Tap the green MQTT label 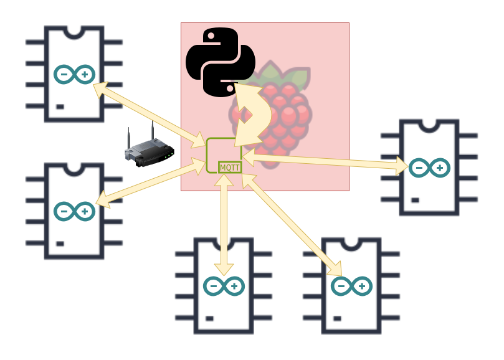pos(230,167)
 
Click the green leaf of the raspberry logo pos(298,77)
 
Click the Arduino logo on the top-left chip pos(74,75)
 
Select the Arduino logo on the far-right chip pos(429,168)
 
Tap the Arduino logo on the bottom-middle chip pos(224,286)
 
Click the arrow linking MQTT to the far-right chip pos(324,162)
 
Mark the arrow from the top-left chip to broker pos(150,112)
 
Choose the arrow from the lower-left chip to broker pos(150,184)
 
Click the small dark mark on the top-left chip pos(60,107)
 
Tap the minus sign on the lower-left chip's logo pos(64,212)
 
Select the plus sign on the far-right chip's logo pos(439,168)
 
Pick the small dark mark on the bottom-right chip pos(338,318)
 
